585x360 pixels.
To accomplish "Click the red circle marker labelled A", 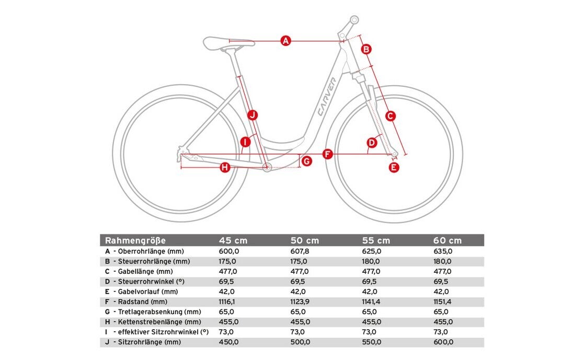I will [x=285, y=40].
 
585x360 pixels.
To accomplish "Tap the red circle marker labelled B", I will [x=366, y=49].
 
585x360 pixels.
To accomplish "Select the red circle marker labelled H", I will [x=225, y=167].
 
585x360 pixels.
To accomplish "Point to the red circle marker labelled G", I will [x=306, y=161].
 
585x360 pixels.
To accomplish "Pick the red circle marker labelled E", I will [x=394, y=167].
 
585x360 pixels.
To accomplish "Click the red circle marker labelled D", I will [x=372, y=142].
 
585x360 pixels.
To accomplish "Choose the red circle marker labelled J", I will [x=253, y=114].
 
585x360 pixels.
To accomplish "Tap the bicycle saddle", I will [x=228, y=42].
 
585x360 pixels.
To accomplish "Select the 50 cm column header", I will [x=304, y=240].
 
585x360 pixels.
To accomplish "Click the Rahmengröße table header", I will [x=135, y=240].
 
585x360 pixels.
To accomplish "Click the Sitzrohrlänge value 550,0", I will [x=372, y=342].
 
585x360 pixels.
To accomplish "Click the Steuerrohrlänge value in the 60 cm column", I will [x=443, y=261].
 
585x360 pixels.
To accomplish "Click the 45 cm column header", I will [x=233, y=240].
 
